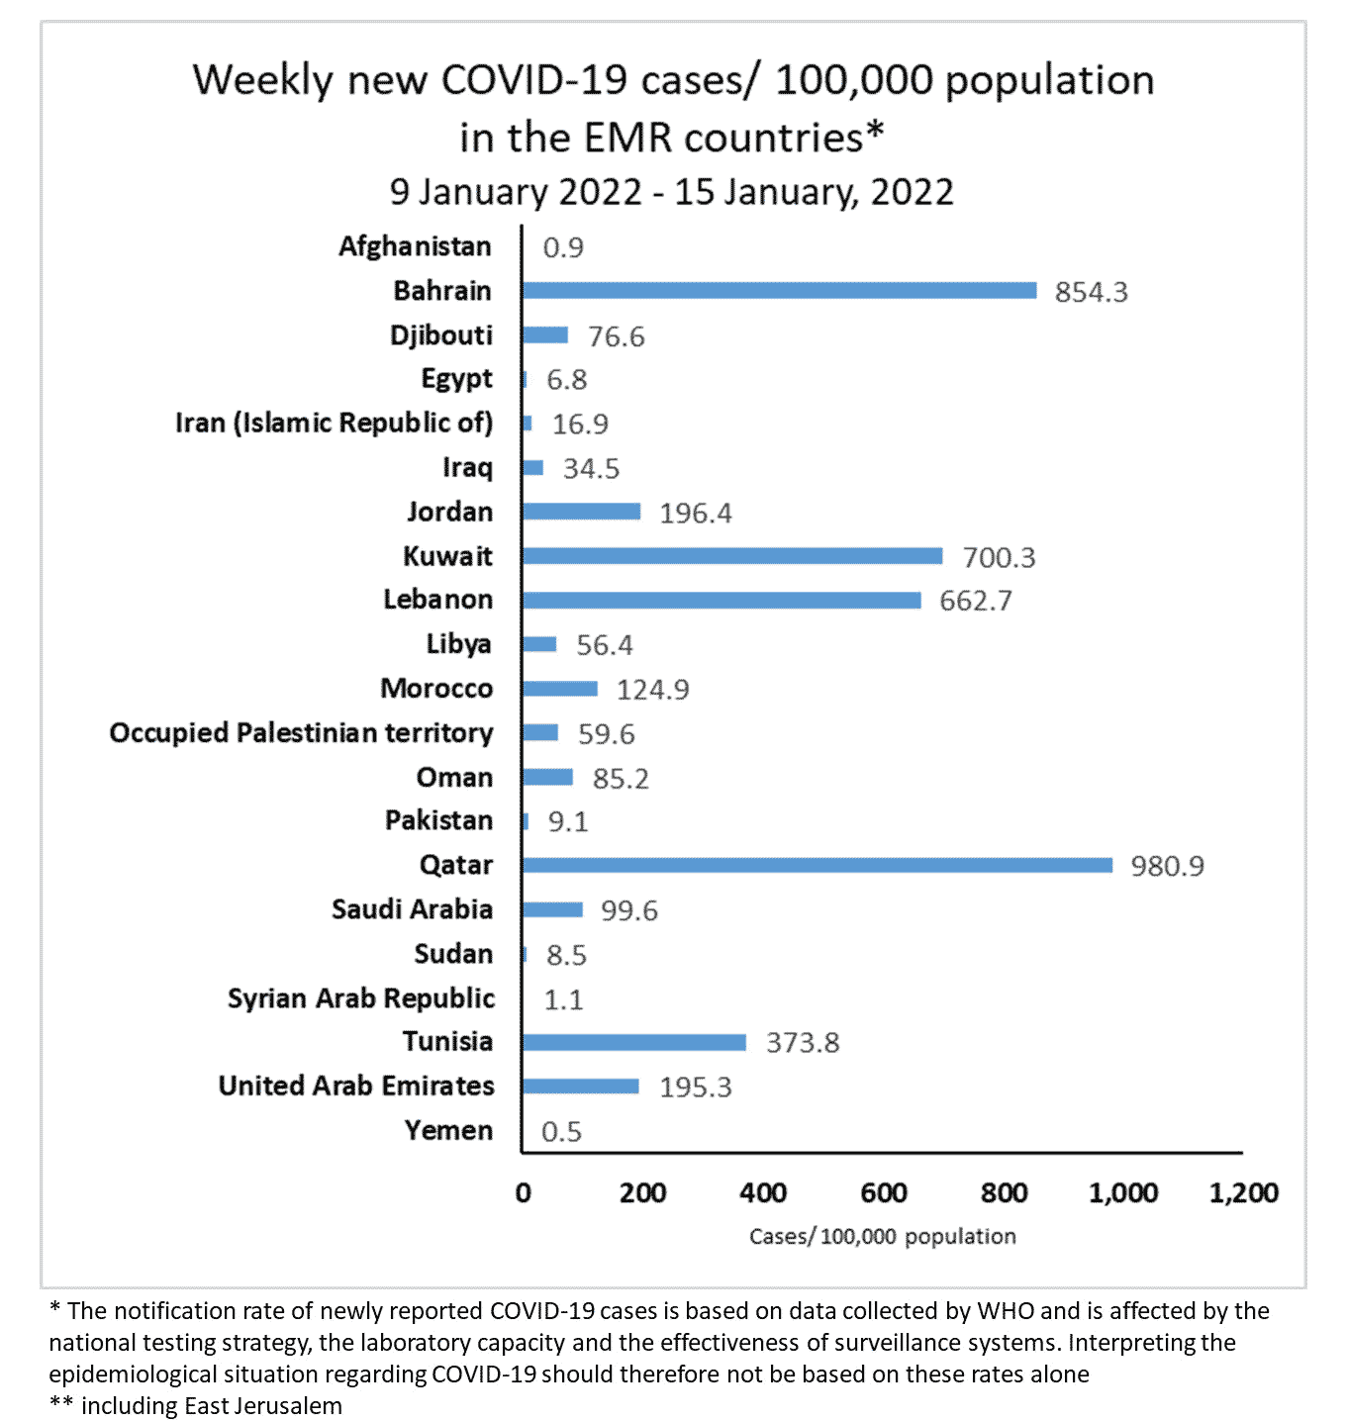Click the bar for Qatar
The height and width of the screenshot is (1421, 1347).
point(818,865)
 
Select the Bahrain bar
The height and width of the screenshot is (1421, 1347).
point(779,290)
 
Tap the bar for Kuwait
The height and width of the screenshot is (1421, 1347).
point(732,556)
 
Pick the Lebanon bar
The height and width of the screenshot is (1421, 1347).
point(722,600)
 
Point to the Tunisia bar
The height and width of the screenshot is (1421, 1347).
point(634,1042)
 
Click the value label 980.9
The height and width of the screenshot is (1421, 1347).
point(1167,866)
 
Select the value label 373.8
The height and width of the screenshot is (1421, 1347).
point(802,1043)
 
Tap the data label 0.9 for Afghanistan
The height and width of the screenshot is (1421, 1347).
point(563,247)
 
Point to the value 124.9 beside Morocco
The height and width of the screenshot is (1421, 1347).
point(652,690)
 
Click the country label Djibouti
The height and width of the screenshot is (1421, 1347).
point(441,335)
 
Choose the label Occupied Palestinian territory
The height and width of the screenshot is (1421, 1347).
point(301,733)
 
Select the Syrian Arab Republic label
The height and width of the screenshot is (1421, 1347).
point(360,998)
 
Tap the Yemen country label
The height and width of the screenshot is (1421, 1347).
point(448,1130)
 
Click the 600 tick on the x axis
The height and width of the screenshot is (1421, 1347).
point(884,1192)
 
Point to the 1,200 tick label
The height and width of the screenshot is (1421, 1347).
point(1243,1192)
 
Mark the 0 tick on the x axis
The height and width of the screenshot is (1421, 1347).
point(523,1193)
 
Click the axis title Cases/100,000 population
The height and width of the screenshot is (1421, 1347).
point(882,1236)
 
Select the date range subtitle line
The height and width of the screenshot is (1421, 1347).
point(671,192)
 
